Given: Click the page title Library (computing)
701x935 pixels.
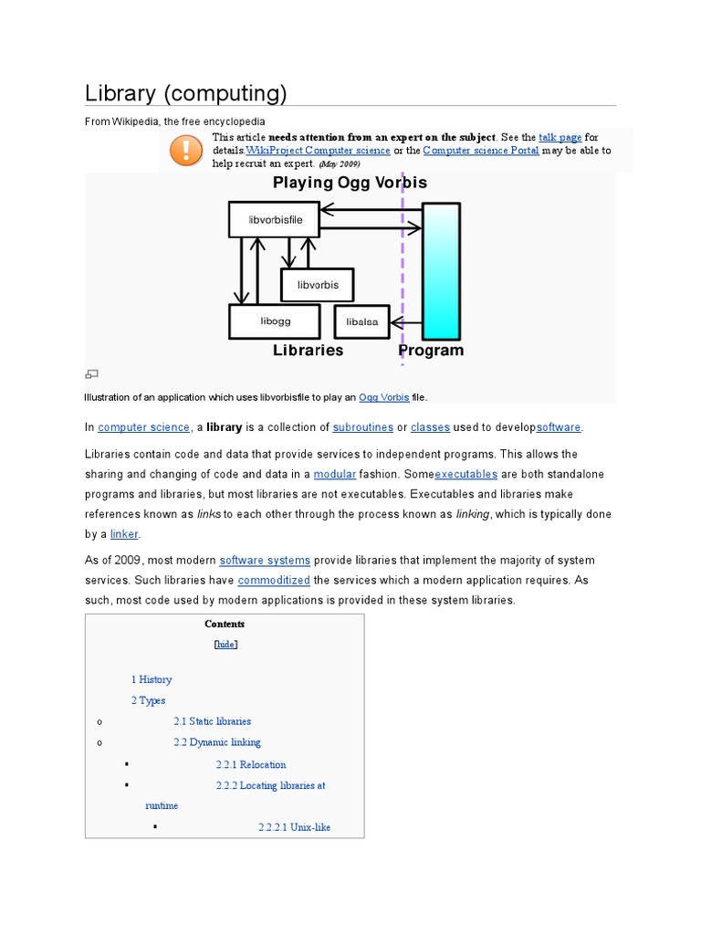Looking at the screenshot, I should pos(186,93).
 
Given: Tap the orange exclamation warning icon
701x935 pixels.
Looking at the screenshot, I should pos(187,149).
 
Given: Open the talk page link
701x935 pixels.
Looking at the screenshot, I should pos(560,137).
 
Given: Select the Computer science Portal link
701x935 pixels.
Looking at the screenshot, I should pos(481,151).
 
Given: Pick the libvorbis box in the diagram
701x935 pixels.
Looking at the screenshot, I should pos(317,285).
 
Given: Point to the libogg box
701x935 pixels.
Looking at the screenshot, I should pos(274,321).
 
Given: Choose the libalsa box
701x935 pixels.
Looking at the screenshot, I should pos(361,321).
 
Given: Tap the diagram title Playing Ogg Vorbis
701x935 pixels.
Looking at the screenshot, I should pos(350,183).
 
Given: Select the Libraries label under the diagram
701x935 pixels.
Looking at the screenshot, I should pos(308,351).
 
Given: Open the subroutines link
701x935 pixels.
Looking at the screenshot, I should pos(363,427).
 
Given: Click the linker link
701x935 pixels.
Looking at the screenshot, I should pos(123,534).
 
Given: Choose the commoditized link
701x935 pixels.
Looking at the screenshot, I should pos(273,581).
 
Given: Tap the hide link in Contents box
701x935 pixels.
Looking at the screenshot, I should pos(225,644).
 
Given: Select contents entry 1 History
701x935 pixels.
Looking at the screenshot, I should pos(151,679).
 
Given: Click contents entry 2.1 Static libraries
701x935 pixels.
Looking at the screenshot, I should pos(212,721).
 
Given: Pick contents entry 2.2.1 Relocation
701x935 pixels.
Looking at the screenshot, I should pos(251,764).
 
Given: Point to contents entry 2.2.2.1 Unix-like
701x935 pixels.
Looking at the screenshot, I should pos(294,827).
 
